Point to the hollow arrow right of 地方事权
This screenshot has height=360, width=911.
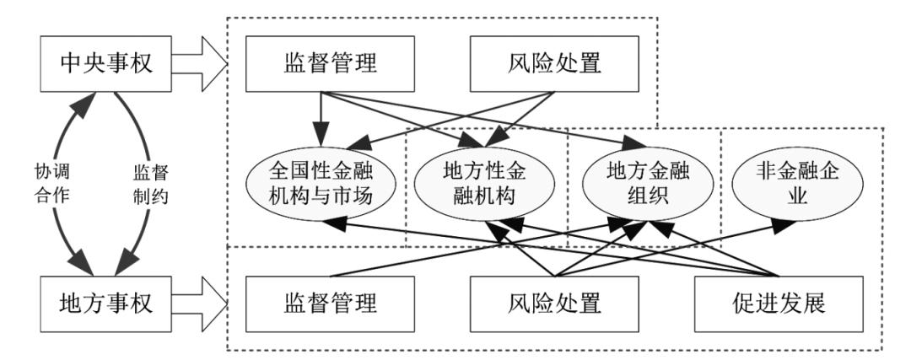(x=200, y=300)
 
